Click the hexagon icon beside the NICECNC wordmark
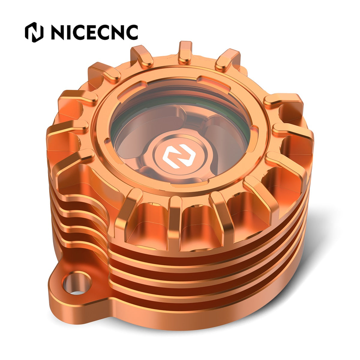click(x=34, y=32)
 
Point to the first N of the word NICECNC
click(x=57, y=32)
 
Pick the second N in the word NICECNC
click(x=115, y=32)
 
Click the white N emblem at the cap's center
click(x=179, y=156)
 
